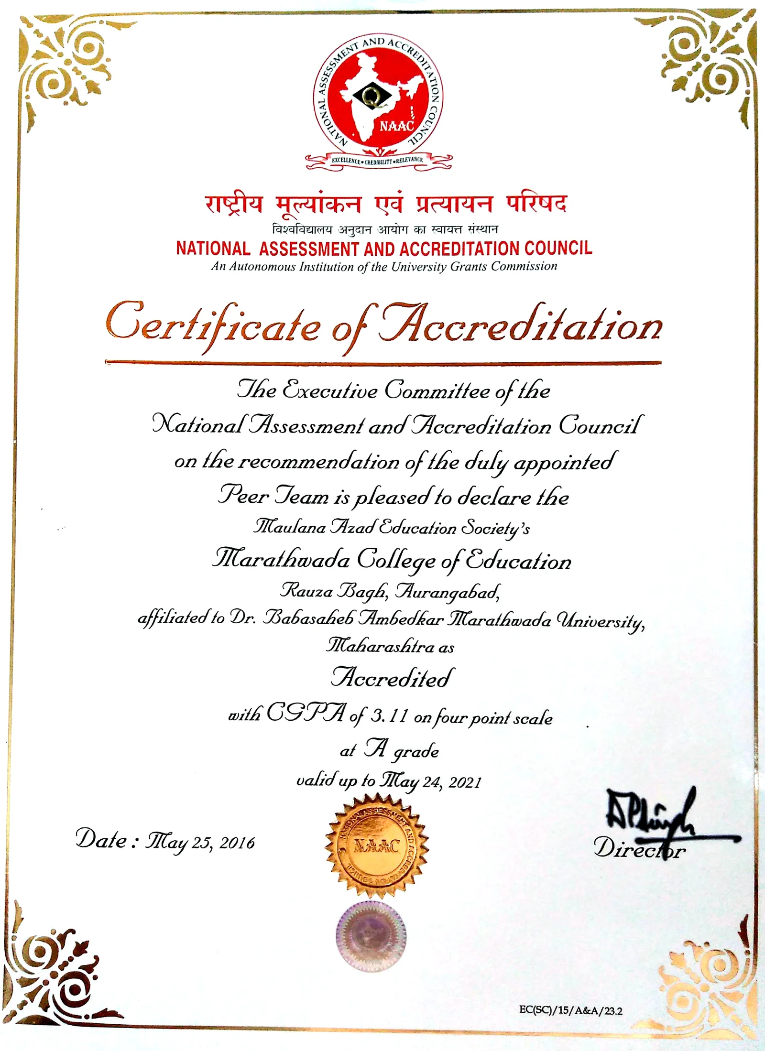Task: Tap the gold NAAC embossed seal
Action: click(377, 846)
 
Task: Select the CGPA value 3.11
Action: click(389, 716)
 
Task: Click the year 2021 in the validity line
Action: click(465, 782)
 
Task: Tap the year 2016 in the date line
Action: click(237, 843)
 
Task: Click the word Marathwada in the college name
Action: click(281, 559)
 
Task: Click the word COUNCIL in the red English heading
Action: click(558, 248)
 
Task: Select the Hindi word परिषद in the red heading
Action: click(536, 205)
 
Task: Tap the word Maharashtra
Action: click(381, 646)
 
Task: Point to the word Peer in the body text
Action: click(243, 496)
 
